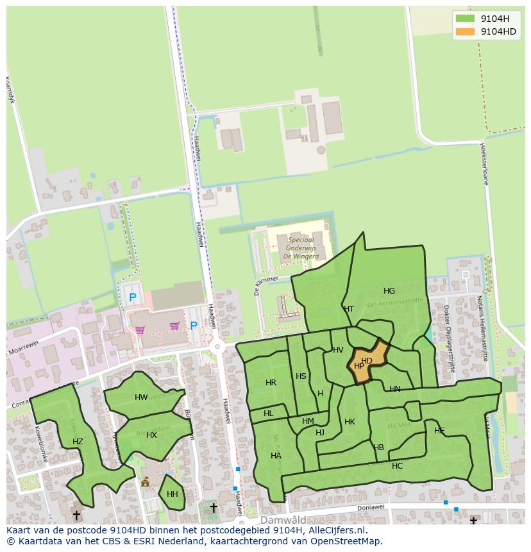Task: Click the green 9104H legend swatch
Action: [465, 19]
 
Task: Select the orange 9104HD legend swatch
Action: [465, 31]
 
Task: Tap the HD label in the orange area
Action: [367, 361]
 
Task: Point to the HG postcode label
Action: [389, 290]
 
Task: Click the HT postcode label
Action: [349, 308]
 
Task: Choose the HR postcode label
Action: [271, 383]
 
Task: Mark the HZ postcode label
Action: [78, 442]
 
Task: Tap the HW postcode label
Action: [141, 397]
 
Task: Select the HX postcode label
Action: [151, 435]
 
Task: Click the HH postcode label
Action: [172, 494]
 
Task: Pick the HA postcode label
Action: [276, 456]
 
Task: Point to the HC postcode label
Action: [397, 466]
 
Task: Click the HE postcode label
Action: [439, 431]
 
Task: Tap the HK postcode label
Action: [350, 422]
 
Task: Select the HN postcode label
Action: [394, 389]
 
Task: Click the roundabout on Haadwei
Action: [217, 347]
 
